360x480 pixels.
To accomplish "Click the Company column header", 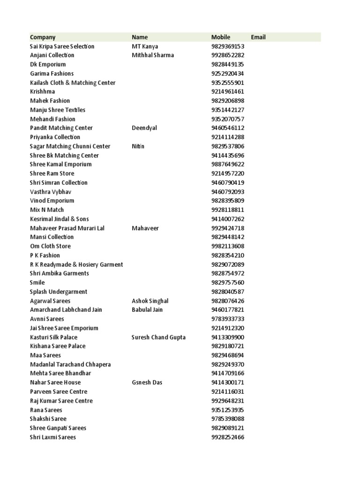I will coord(43,37).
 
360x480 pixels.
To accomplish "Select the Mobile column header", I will coord(221,37).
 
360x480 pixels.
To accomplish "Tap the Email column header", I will coord(258,37).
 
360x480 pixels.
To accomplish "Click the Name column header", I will coord(140,37).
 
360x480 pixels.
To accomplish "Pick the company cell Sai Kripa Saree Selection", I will coord(62,46).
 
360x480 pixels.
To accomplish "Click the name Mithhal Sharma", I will coord(153,55).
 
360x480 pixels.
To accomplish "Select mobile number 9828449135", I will coord(228,64).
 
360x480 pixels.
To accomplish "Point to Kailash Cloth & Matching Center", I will coord(73,82).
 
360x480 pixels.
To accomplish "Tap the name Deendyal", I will coord(144,128).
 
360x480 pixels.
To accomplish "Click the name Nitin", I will coord(138,146).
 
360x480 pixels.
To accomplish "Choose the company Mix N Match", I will coord(47,210).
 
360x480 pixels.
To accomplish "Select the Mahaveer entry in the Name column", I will coord(145,228).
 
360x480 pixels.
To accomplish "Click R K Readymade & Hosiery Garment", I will coord(76,264).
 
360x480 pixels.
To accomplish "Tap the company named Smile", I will coord(37,283).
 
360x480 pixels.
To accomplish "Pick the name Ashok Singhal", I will coord(150,301).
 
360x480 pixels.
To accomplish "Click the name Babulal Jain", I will coord(147,310).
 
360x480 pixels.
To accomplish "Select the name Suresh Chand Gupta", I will coord(158,337).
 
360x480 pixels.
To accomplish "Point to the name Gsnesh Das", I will coord(147,382).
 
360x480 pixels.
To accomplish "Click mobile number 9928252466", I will coord(228,437).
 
